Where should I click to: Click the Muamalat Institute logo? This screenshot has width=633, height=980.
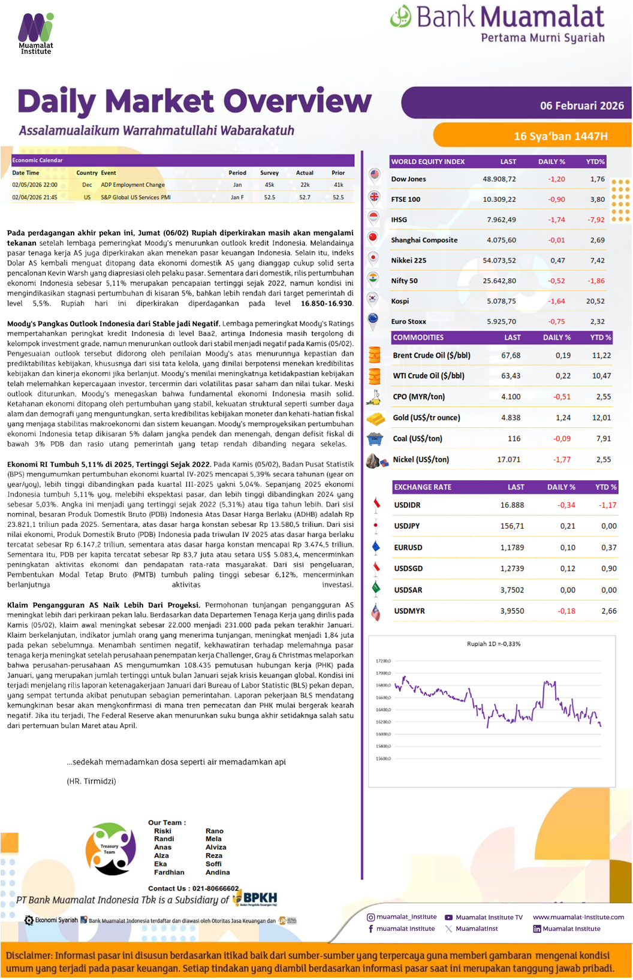tap(36, 32)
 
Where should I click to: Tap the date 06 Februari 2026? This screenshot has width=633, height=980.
tap(581, 106)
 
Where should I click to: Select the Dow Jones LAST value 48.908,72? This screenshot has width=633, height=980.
tap(499, 179)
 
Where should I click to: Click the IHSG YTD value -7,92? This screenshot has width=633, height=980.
tap(596, 220)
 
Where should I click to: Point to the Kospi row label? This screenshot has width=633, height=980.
tap(400, 301)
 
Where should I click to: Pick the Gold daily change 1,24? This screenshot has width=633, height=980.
tap(563, 418)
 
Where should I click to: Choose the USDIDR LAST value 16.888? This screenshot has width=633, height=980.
tap(512, 505)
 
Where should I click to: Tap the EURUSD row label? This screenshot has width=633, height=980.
tap(408, 548)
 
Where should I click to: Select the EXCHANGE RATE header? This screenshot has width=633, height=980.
tap(422, 487)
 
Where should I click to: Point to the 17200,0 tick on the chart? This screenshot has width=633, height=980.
tap(383, 661)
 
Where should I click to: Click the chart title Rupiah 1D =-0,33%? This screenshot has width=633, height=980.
tap(493, 644)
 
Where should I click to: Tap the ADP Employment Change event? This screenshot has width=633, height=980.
tap(132, 185)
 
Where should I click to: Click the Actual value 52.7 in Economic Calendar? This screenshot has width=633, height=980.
tap(305, 197)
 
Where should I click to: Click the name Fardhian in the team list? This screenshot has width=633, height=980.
tap(169, 873)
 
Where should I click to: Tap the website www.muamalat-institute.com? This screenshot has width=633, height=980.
tap(578, 917)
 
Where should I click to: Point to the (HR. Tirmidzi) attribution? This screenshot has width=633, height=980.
tap(91, 782)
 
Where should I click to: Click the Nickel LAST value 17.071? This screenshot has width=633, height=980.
tap(508, 460)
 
